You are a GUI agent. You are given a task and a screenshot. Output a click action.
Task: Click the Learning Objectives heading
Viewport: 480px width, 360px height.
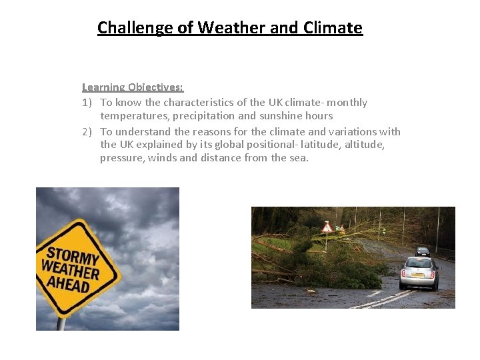[x=133, y=87]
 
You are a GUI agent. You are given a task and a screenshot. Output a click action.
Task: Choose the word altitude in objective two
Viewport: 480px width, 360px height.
[x=364, y=145]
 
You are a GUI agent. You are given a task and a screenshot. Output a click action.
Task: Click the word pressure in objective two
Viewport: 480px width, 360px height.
[x=122, y=158]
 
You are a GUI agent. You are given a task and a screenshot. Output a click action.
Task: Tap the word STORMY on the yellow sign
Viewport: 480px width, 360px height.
[x=72, y=255]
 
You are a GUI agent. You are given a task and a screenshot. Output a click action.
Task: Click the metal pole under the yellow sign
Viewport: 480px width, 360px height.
[x=61, y=323]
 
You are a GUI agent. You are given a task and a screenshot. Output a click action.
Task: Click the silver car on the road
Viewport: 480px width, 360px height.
[x=419, y=272]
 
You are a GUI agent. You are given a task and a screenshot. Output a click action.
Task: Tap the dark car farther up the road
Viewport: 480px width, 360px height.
[x=423, y=251]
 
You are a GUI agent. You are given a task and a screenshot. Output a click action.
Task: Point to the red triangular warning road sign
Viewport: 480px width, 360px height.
[x=327, y=228]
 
